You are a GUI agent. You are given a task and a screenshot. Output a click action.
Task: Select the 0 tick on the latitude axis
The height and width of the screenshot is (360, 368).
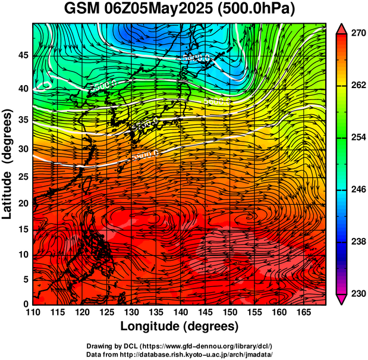[26, 304]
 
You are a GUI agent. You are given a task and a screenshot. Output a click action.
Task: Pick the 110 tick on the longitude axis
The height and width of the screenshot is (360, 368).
[33, 312]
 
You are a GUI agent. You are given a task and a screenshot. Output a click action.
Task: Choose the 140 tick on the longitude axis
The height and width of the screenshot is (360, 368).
[181, 312]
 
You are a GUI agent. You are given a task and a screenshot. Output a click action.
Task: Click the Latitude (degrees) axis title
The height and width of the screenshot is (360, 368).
[8, 164]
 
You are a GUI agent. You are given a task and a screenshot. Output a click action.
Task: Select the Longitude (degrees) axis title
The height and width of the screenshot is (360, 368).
[180, 326]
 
